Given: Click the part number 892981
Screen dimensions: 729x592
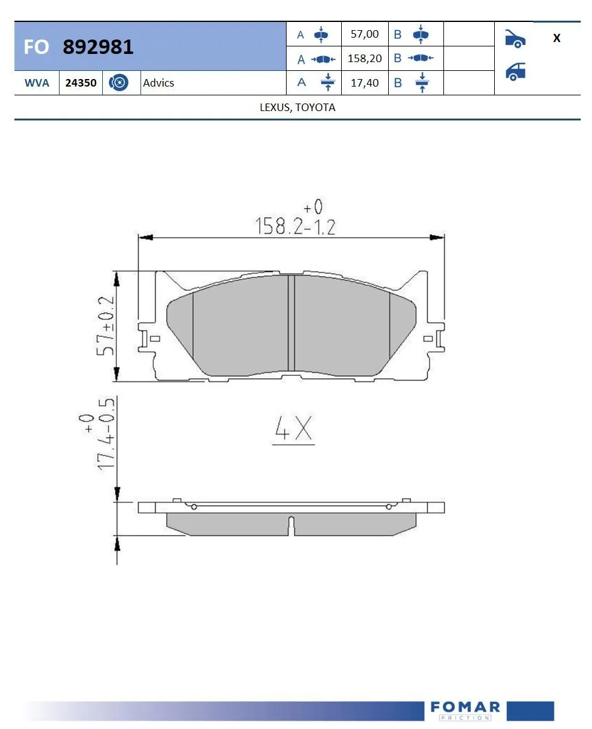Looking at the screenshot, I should click(x=98, y=47).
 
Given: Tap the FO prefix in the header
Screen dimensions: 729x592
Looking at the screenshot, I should click(x=36, y=47).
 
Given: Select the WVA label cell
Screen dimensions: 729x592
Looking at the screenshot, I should click(x=36, y=83).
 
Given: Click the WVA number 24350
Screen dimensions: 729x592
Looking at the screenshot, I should click(x=81, y=83).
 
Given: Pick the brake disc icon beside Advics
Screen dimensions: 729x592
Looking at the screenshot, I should click(x=119, y=83).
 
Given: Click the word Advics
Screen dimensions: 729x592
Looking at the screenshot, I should click(x=159, y=83).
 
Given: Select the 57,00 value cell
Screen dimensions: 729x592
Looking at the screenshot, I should click(x=364, y=35).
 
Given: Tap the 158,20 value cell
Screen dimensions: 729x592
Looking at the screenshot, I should click(x=364, y=58).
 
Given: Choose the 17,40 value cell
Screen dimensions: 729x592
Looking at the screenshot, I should click(x=364, y=83).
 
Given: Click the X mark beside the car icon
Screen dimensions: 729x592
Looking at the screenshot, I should click(x=556, y=38).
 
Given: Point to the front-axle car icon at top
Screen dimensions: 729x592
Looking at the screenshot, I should click(x=515, y=38).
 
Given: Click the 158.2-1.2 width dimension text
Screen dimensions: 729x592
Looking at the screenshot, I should click(x=295, y=226).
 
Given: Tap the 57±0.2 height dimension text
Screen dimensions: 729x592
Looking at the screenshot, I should click(x=106, y=326).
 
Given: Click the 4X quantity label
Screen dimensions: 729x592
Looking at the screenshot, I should click(x=293, y=430).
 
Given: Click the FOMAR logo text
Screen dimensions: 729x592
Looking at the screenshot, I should click(x=465, y=708).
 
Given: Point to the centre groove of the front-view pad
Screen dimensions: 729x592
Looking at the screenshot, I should click(x=291, y=323).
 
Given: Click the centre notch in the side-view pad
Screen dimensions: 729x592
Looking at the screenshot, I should click(x=291, y=526).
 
